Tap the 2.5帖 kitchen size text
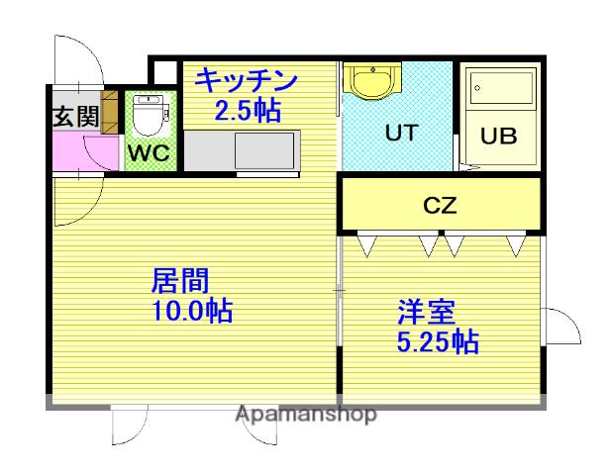click(248, 109)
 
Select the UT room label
click(400, 133)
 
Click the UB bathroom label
click(498, 137)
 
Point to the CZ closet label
click(439, 206)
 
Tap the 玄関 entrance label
click(75, 116)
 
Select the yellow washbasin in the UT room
click(372, 82)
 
